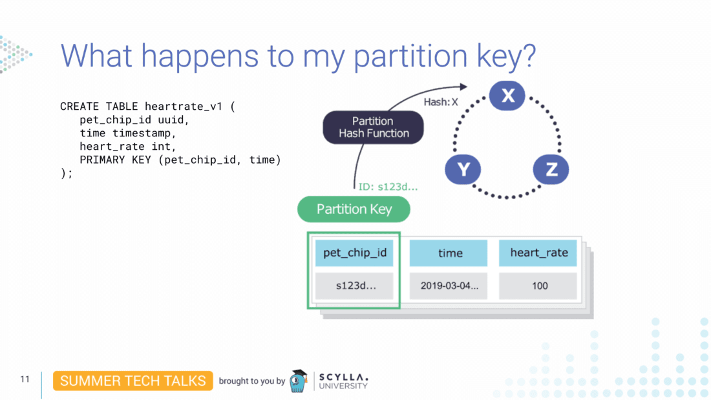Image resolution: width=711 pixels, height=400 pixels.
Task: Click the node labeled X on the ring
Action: [507, 96]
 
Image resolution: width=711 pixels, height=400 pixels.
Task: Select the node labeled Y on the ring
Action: [463, 170]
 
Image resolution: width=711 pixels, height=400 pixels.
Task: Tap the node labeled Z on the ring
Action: [551, 170]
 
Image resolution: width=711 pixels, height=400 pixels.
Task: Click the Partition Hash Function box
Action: [373, 127]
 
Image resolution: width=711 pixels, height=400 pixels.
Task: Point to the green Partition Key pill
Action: [354, 209]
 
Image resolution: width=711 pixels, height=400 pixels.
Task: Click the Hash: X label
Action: [441, 102]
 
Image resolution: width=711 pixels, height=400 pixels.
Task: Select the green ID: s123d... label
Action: [388, 187]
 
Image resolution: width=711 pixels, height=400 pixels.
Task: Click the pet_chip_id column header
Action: [354, 253]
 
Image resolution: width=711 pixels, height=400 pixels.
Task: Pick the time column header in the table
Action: [449, 253]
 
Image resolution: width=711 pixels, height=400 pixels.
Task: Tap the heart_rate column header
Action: [538, 253]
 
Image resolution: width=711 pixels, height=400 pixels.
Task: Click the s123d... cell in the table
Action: [354, 286]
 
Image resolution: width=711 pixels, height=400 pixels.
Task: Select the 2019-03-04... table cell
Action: [449, 286]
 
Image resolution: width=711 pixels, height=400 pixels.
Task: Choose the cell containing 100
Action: [538, 286]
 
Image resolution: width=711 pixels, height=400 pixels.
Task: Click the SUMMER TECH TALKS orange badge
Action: [133, 381]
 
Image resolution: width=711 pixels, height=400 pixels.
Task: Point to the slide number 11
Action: [25, 379]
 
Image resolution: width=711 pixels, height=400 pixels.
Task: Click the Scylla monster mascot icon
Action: [298, 381]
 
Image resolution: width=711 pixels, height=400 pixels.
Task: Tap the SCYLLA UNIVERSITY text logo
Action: [344, 381]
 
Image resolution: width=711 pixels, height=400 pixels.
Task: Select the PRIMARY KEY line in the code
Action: [180, 160]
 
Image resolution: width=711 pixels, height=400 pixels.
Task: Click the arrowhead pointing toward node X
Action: [462, 87]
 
